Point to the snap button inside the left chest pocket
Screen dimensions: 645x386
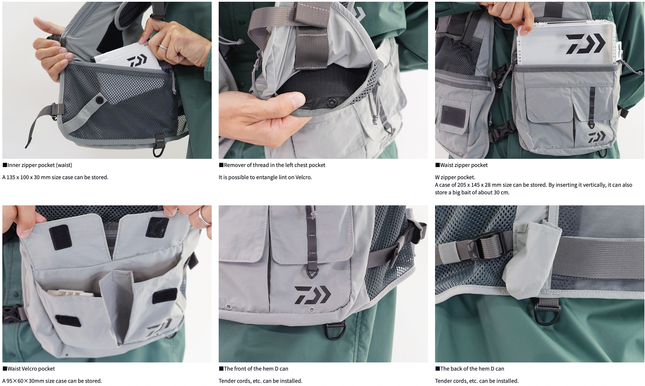tap(332, 103)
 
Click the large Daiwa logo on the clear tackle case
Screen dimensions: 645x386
tap(585, 44)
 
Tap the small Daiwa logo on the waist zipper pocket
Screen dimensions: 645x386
tap(597, 137)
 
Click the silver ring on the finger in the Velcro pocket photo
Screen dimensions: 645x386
tap(204, 216)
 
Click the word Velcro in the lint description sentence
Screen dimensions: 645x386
tap(303, 177)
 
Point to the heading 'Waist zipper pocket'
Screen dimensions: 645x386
tap(464, 165)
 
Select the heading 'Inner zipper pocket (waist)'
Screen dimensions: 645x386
tap(40, 165)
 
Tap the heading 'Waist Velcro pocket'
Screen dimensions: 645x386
tap(31, 369)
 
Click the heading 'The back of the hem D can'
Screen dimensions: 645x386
tap(472, 369)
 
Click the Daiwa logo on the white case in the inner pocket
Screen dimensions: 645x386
tap(137, 61)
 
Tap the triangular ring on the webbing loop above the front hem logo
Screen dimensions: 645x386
tap(312, 273)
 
